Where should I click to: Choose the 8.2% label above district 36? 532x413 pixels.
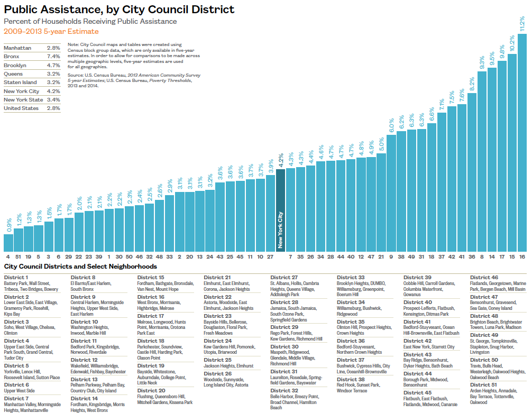[472, 85]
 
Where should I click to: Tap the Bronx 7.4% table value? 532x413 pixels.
[54, 57]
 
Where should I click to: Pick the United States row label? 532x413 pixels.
[21, 108]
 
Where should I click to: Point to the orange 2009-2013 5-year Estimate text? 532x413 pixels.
[51, 31]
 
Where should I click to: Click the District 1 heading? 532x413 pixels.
[16, 277]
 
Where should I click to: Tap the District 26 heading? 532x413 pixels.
[217, 373]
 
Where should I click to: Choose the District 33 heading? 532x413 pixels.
[351, 277]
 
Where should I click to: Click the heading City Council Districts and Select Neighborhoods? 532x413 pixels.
[80, 267]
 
